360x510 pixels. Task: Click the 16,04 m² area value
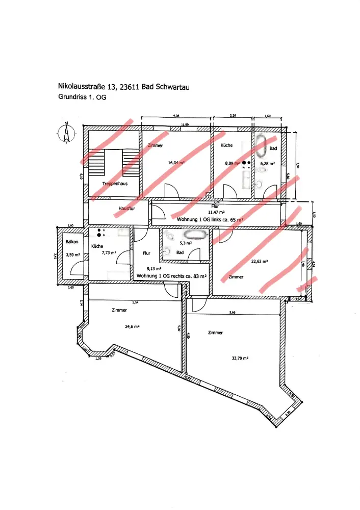[175, 163]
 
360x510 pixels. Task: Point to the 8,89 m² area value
[228, 163]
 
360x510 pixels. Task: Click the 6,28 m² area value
[268, 164]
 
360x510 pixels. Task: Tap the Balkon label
[72, 242]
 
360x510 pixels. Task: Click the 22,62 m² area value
[260, 261]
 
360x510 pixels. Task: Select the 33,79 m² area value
[240, 359]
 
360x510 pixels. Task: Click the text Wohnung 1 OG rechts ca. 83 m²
[171, 276]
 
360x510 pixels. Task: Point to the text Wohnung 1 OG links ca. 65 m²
[210, 219]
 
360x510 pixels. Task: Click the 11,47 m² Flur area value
[217, 212]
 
